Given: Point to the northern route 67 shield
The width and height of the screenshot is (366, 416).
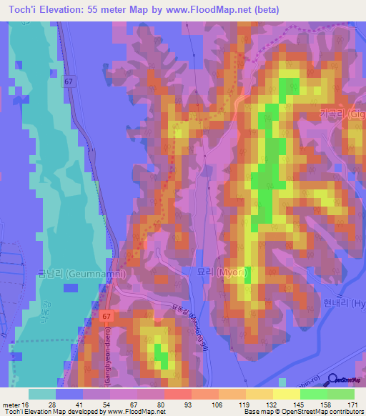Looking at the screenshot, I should (68, 82).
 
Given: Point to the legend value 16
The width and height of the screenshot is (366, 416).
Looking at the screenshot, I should (26, 405).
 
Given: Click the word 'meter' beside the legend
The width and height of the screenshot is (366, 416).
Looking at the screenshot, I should (11, 405).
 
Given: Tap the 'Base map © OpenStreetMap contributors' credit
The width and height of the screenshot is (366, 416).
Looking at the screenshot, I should (304, 412).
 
